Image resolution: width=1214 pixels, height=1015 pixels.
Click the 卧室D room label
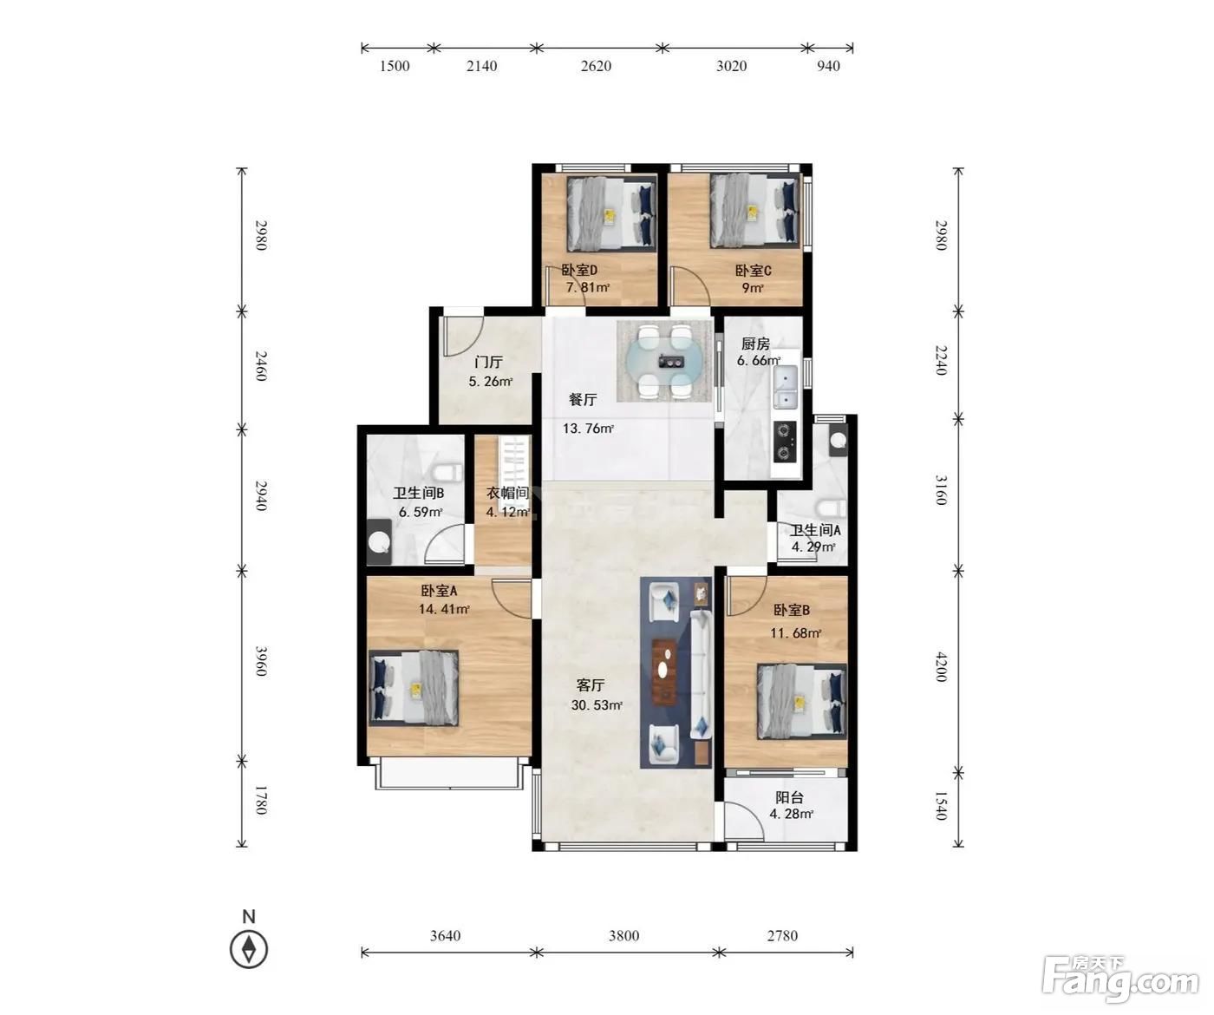pos(579,270)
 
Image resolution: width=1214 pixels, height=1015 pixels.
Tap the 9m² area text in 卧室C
pos(753,287)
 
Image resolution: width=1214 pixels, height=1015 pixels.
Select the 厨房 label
pos(755,344)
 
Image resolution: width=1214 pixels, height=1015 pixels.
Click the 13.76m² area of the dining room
pos(588,429)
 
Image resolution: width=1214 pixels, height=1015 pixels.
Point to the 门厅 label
pos(488,362)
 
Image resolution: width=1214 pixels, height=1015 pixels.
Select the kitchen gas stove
pos(785,442)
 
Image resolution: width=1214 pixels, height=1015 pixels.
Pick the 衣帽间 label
pos(507,494)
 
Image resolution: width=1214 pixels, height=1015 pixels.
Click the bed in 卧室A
pos(414,688)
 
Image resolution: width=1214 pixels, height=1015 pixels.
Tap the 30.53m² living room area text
pos(597,705)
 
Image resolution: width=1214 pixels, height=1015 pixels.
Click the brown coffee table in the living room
pos(664,671)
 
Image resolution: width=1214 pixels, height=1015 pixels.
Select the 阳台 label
pos(790,797)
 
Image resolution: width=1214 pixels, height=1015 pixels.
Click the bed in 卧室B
pos(801,702)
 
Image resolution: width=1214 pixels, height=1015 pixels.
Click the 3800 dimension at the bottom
pos(623,936)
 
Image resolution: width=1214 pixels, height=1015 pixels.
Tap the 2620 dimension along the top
pos(596,66)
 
